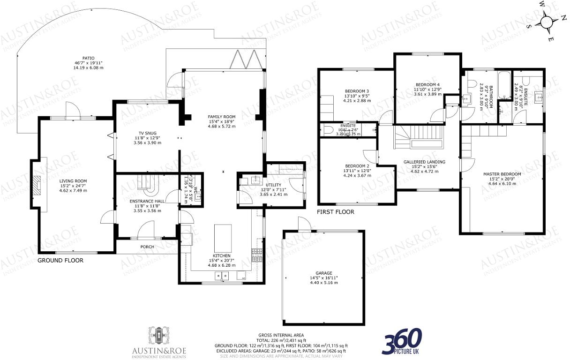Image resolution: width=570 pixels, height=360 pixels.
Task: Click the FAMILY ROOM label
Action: pos(222,117)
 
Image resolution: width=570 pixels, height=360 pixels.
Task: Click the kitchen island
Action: pos(222,239)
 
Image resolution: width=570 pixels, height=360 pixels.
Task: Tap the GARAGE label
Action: pos(323,273)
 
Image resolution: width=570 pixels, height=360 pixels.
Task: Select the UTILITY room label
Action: pos(273,186)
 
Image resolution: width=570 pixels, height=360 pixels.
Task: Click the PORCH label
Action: pos(147,247)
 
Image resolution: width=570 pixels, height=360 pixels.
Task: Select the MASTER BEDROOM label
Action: pos(502,174)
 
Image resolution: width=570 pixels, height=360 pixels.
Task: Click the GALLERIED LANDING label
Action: pos(424,162)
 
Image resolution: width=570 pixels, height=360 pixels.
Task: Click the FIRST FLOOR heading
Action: pos(335,212)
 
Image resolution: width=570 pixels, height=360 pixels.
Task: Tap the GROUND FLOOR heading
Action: pos(60,260)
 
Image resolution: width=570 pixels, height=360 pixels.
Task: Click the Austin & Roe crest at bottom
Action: pos(161,337)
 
